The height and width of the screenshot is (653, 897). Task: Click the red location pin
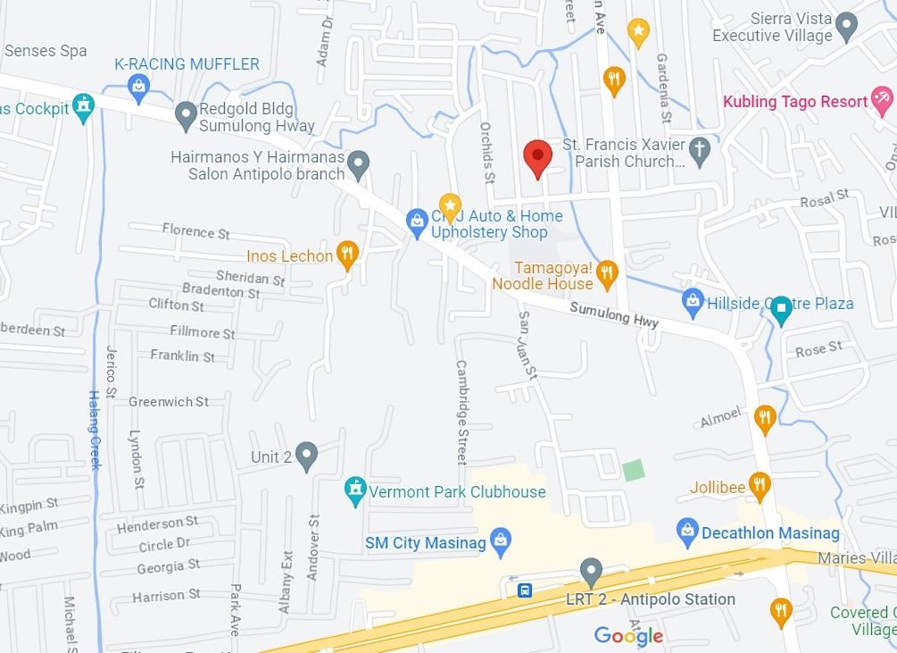coord(536,158)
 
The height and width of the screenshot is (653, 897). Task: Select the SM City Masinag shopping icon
coord(502,540)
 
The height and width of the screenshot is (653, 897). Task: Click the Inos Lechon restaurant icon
coord(348,255)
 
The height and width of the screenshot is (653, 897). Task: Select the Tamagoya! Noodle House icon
coord(607,273)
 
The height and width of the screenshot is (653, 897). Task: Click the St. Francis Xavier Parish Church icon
coord(700,154)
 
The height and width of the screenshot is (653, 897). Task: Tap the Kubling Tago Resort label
coord(794,101)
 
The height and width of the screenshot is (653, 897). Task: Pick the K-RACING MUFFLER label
coord(187,64)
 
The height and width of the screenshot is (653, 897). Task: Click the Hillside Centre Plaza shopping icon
coord(692,303)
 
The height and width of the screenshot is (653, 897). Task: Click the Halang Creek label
coord(95,430)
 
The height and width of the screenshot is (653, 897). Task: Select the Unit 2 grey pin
coord(306,456)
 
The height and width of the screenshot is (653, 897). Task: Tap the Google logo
coord(629,635)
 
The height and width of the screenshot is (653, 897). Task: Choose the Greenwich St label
coord(169,402)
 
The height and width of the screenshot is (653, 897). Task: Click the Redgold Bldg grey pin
coord(186,114)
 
